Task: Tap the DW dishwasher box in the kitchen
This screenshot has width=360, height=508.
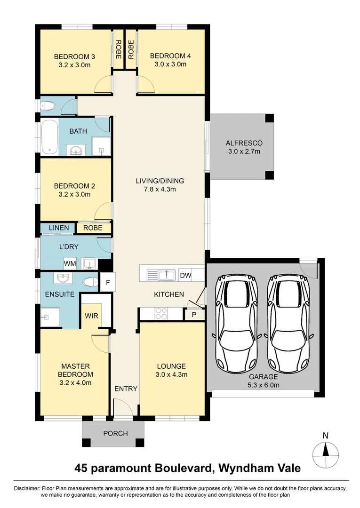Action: [x=185, y=275]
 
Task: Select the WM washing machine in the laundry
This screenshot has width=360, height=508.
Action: [x=70, y=262]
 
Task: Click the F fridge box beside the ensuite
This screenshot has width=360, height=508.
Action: [x=107, y=283]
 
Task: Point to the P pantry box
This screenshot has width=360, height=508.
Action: [x=193, y=314]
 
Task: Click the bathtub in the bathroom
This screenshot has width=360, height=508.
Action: [x=49, y=137]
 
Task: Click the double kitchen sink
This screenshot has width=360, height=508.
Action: [x=160, y=274]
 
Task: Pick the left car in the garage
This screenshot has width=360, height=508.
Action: [x=236, y=324]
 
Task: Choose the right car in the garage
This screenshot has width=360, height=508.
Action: [x=287, y=324]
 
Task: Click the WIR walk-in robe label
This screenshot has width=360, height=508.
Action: [x=92, y=316]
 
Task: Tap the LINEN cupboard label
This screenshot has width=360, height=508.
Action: [x=59, y=228]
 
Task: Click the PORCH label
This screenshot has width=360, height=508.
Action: [x=115, y=433]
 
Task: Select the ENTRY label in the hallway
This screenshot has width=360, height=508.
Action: [x=126, y=389]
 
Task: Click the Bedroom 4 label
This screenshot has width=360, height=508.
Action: [x=170, y=56]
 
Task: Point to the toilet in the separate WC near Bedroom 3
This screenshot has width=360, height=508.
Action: [x=48, y=106]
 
